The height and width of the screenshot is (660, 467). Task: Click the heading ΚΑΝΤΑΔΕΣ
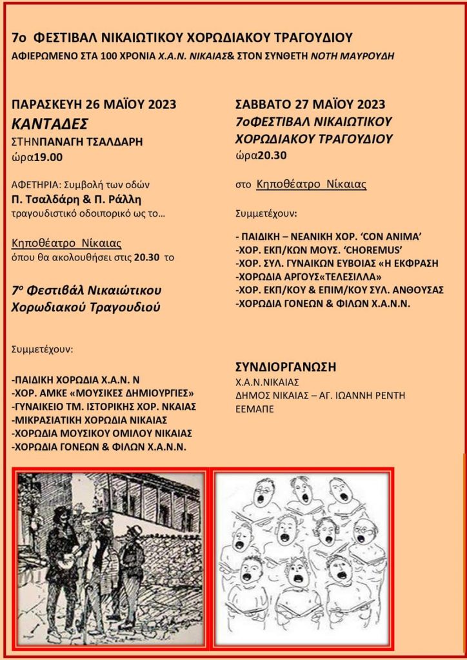49,123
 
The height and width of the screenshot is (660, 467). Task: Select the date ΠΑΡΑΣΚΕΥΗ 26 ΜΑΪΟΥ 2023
94,104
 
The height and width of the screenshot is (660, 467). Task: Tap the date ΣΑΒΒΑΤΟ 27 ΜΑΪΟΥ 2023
311,104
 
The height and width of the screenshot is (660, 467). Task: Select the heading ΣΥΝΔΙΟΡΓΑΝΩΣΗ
286,367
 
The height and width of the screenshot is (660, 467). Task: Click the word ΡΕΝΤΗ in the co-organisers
388,395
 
